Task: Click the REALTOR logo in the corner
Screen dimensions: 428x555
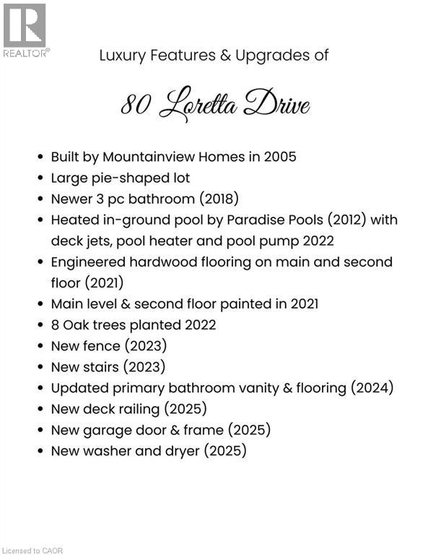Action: coord(25,30)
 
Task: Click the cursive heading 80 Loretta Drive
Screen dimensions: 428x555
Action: coord(214,106)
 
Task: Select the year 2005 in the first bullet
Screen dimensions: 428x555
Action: coord(279,157)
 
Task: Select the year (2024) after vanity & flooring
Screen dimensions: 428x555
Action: coord(372,388)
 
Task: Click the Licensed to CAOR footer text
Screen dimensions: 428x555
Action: coord(32,551)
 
